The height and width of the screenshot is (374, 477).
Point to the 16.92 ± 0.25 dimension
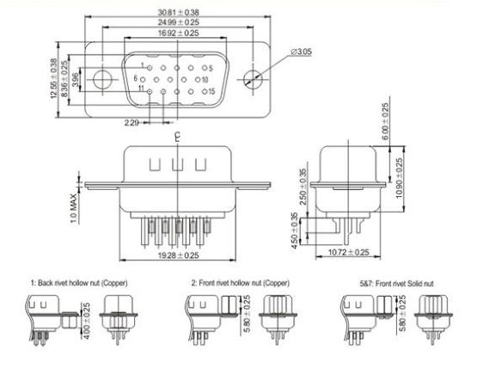coord(179,32)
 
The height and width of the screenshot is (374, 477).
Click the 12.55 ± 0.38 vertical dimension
coord(53,79)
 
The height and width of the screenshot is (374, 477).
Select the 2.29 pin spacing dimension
coord(131,123)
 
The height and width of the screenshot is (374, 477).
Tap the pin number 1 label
coord(150,66)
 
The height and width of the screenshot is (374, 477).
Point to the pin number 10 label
coord(206,78)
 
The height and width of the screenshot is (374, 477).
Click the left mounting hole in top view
coord(102,79)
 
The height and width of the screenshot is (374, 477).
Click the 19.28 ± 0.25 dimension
coord(177,256)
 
